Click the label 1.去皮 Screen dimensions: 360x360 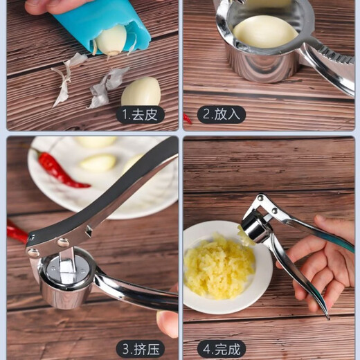click(x=140, y=114)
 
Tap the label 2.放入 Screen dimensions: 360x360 click(x=222, y=114)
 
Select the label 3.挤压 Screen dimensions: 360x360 click(x=140, y=348)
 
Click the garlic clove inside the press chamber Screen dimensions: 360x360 click(x=265, y=31)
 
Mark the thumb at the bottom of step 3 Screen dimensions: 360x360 click(x=167, y=323)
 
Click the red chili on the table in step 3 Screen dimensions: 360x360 click(x=17, y=233)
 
